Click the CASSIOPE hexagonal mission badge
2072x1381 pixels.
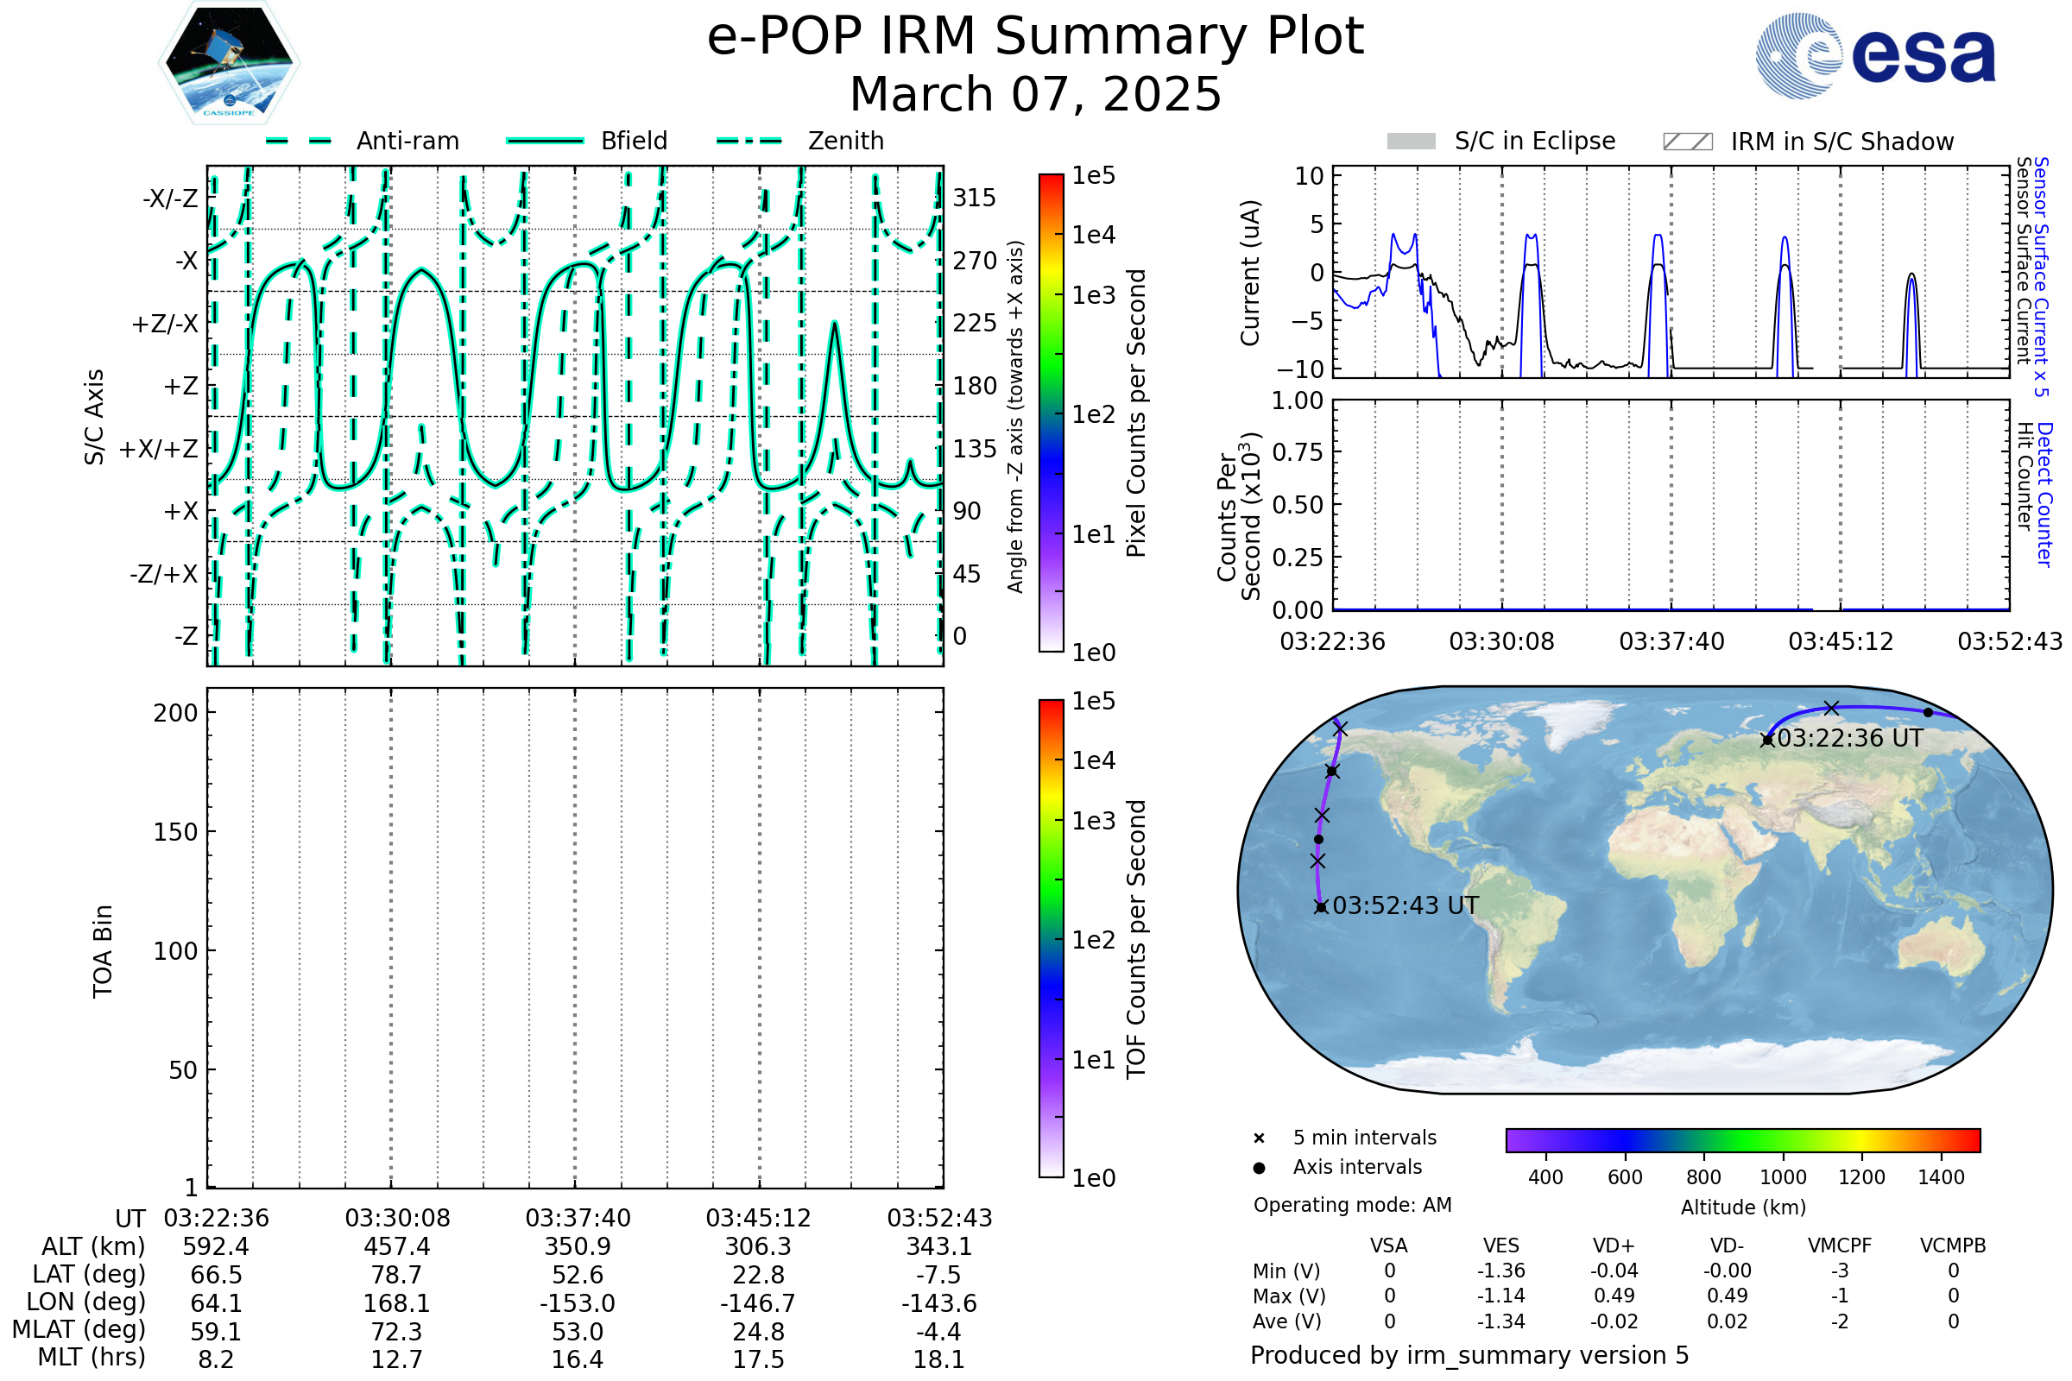tap(229, 62)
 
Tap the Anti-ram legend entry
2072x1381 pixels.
tap(362, 141)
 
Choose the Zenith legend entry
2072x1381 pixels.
tap(800, 141)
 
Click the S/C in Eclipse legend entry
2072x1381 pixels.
tap(1501, 141)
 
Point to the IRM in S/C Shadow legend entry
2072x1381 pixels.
tap(1809, 142)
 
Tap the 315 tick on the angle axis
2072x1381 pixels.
tap(975, 198)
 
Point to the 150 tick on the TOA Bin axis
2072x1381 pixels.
tap(175, 832)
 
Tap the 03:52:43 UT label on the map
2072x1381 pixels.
tap(1406, 905)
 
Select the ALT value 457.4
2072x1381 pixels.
tap(397, 1247)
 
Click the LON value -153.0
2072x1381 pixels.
tap(578, 1303)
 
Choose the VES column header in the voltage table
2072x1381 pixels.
tap(1501, 1246)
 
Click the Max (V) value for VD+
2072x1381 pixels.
tap(1614, 1296)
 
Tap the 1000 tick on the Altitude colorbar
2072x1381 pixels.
tap(1783, 1177)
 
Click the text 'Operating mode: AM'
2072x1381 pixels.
tap(1352, 1205)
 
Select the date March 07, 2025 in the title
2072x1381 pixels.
tap(1036, 94)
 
